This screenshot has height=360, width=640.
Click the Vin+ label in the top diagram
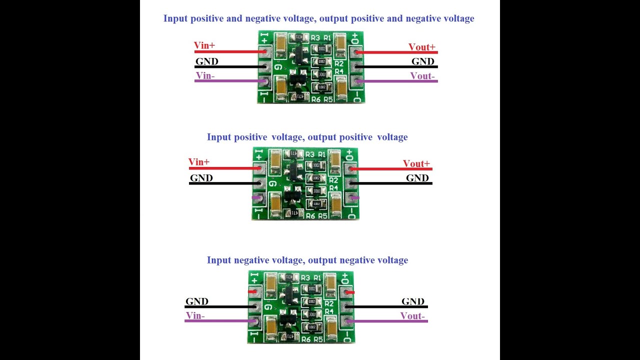[x=204, y=45]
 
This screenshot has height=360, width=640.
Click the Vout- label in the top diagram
[x=422, y=76]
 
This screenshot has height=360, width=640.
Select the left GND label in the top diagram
[x=206, y=61]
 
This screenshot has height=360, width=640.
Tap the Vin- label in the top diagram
[x=205, y=76]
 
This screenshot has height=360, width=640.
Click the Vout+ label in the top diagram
[x=421, y=47]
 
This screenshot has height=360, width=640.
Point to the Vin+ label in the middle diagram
[x=199, y=162]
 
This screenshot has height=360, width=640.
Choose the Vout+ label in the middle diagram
[x=416, y=163]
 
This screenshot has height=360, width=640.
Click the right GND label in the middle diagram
[x=417, y=178]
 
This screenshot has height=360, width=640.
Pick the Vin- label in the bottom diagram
[x=195, y=315]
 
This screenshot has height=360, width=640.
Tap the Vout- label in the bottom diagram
[x=412, y=316]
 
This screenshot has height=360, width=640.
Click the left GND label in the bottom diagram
[x=196, y=301]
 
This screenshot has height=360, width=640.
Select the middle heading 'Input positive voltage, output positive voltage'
[x=307, y=137]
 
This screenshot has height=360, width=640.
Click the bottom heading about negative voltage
[x=307, y=260]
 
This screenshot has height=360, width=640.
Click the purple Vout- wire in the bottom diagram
[x=390, y=321]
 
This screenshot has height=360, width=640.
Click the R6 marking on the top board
[x=315, y=99]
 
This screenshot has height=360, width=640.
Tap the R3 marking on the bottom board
[x=305, y=277]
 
